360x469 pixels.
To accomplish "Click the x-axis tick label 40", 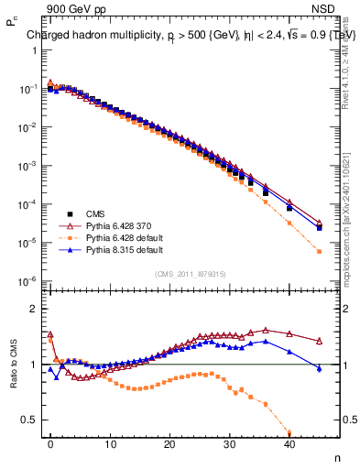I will click(x=289, y=444).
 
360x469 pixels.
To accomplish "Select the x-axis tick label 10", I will click(x=110, y=444).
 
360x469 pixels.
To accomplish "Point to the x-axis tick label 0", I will click(x=50, y=444).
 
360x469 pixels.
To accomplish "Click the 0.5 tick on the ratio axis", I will click(x=27, y=420).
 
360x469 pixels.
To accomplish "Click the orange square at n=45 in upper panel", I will click(x=319, y=251).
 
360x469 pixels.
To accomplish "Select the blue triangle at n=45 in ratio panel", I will click(x=319, y=368).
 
